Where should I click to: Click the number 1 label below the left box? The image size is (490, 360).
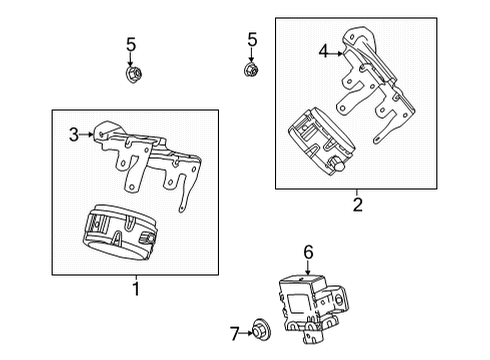(x=135, y=290)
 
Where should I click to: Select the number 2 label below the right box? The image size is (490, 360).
(x=356, y=205)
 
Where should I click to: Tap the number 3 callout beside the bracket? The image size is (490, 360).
(x=74, y=133)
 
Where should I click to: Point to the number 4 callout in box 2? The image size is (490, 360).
(x=323, y=50)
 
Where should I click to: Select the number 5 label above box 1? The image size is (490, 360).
(x=131, y=43)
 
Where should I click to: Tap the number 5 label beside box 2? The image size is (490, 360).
(x=252, y=40)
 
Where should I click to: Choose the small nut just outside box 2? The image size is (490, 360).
(x=252, y=70)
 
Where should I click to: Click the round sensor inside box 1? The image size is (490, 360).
(x=119, y=237)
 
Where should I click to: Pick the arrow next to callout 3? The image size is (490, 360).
(x=88, y=133)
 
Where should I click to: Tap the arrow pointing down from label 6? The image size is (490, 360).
(x=309, y=269)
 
